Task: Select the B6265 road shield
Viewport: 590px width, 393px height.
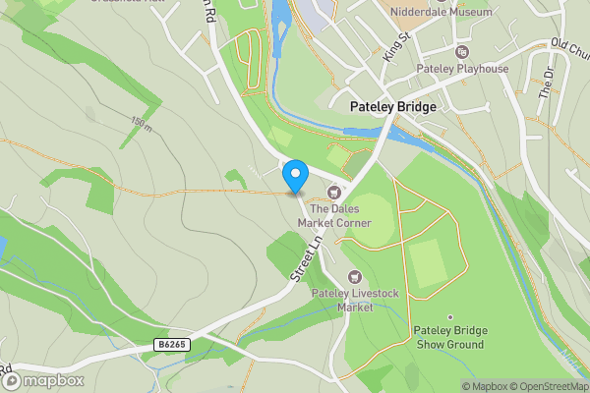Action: click(x=171, y=344)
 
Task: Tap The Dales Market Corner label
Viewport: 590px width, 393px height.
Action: click(x=340, y=215)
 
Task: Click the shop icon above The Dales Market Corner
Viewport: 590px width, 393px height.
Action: click(x=334, y=193)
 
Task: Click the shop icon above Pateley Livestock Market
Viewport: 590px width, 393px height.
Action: click(x=354, y=277)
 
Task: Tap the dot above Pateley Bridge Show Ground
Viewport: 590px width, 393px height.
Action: click(x=449, y=317)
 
